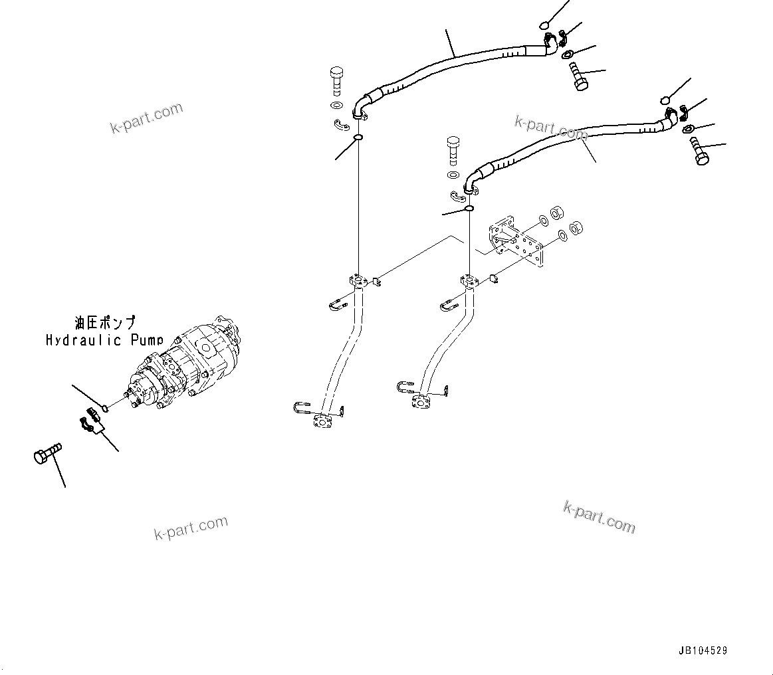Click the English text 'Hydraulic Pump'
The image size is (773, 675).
coord(104,340)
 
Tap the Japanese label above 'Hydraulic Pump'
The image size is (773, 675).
coord(105,324)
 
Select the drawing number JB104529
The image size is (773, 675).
coord(703,651)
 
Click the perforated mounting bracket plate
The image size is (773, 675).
coord(516,242)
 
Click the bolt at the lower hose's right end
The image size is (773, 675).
coord(701,150)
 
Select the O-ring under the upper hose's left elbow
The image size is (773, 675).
coord(358,138)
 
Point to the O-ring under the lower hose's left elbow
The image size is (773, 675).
coord(469,209)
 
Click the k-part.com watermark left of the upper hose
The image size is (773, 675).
coord(146,118)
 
